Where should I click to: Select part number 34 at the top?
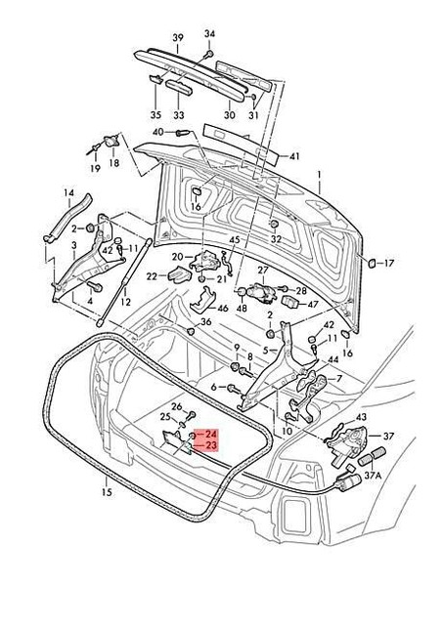[208, 33]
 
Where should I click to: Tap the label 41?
[295, 156]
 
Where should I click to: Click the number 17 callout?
[387, 263]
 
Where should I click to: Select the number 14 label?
[68, 191]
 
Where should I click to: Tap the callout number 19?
[96, 169]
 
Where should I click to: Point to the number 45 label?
[234, 240]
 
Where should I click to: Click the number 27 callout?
[262, 270]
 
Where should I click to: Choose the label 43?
[361, 417]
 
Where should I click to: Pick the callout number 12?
[125, 304]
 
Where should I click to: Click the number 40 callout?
[157, 132]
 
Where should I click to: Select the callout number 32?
[276, 238]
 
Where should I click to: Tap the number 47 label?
[313, 305]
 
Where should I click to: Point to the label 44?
[333, 359]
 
